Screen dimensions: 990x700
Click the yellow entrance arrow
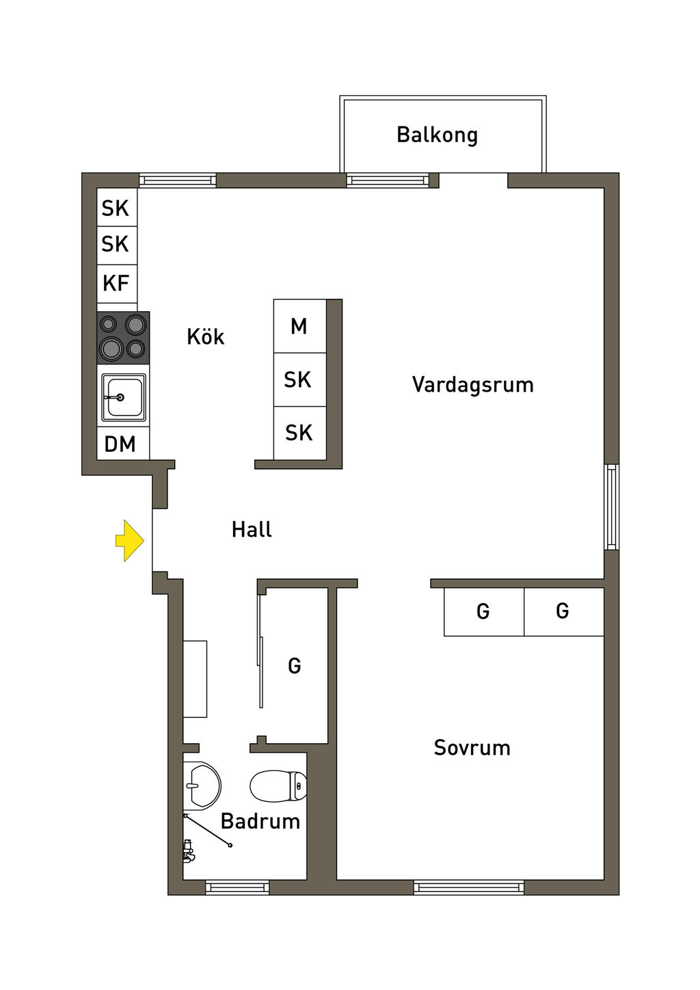pos(129,541)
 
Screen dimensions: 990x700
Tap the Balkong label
pos(437,135)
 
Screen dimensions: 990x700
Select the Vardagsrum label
pos(472,385)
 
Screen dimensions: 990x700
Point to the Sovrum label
pos(472,748)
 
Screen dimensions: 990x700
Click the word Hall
pos(252,530)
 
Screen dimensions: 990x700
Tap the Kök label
pos(205,337)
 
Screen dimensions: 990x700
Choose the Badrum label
pos(260,821)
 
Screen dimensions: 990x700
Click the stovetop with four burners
pos(123,338)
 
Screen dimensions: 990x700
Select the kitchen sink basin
pos(124,397)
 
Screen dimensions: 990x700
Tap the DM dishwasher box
pos(121,444)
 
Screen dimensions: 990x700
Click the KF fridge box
pos(116,283)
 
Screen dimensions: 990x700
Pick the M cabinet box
pos(299,327)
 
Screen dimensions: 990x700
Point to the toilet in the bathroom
pos(278,786)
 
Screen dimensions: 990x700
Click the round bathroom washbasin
pos(201,785)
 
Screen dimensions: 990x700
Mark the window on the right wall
pos(612,507)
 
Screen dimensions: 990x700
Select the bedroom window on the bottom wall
pos(469,887)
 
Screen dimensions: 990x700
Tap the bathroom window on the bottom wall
pos(237,887)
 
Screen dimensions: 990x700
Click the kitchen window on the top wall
pos(178,180)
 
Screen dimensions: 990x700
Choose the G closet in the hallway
pos(295,666)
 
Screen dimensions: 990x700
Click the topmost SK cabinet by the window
pos(116,208)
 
